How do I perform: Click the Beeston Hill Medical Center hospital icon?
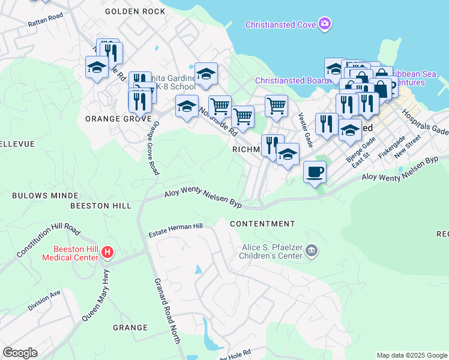click(107, 252)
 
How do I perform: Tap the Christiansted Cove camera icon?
click(325, 24)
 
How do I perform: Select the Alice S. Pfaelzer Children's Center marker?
click(312, 250)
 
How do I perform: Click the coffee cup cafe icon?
click(315, 173)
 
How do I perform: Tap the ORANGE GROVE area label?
click(118, 119)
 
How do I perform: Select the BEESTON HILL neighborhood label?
click(101, 206)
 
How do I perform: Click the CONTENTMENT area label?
click(263, 224)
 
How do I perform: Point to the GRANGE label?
click(130, 328)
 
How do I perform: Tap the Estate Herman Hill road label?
click(176, 227)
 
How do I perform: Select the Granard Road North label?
click(167, 311)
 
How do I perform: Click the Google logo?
click(20, 353)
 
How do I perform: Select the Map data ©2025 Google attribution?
click(411, 355)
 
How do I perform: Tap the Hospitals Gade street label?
click(425, 123)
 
